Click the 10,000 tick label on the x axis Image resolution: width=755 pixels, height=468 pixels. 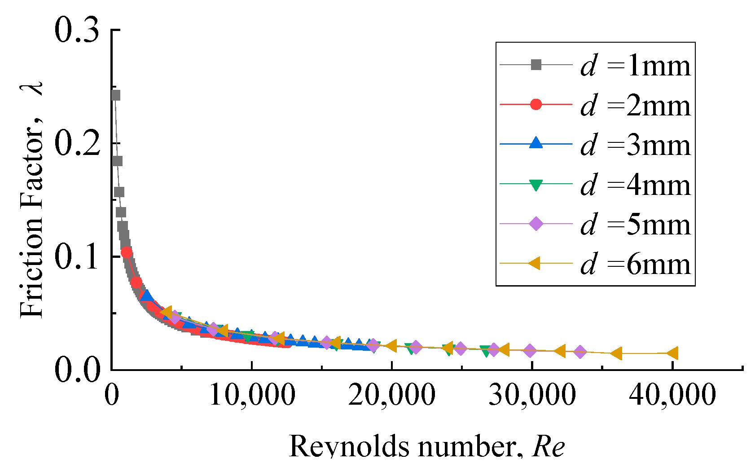click(x=252, y=395)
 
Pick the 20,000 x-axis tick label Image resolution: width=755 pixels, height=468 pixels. click(x=392, y=395)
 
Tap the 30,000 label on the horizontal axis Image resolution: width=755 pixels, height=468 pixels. click(x=532, y=395)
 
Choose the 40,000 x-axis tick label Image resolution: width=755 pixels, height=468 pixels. click(x=672, y=395)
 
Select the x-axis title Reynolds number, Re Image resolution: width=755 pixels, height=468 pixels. click(x=426, y=447)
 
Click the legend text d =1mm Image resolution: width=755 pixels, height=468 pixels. click(x=635, y=66)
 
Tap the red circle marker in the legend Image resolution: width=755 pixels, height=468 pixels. click(x=536, y=105)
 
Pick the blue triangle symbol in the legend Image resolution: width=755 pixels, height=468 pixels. click(x=536, y=144)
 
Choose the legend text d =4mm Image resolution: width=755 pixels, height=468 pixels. click(x=635, y=185)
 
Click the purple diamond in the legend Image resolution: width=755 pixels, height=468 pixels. click(x=536, y=224)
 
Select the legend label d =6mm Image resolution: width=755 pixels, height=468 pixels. click(x=635, y=264)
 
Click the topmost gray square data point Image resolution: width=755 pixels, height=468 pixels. click(x=115, y=95)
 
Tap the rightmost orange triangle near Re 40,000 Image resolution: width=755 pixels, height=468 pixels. click(x=672, y=353)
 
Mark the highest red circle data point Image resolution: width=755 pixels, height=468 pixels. click(x=127, y=253)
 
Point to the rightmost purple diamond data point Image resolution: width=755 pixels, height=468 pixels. click(x=580, y=352)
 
